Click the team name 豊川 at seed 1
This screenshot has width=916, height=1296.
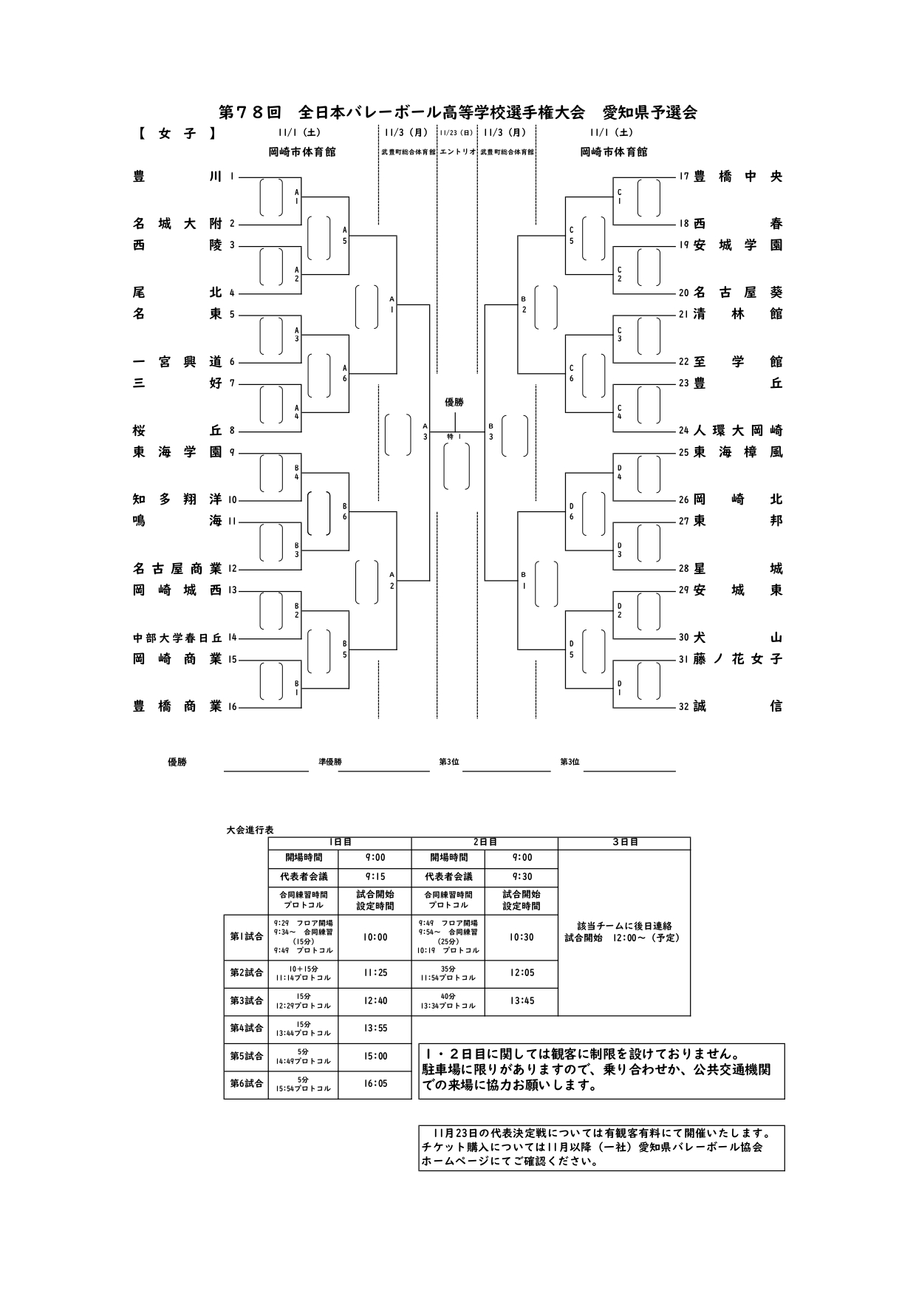(x=177, y=177)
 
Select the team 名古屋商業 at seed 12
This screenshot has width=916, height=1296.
(x=177, y=568)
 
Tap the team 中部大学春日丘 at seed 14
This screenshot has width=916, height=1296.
(x=177, y=638)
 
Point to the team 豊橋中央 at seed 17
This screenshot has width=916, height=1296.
(x=737, y=177)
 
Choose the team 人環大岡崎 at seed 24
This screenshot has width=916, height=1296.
(x=737, y=430)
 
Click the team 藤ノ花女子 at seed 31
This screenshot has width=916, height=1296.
(x=737, y=659)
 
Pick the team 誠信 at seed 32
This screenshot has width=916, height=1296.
(x=737, y=706)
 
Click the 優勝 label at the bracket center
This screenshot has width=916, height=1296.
(x=454, y=402)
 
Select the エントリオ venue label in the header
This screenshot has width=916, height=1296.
(x=457, y=152)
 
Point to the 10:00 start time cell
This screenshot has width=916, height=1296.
(x=375, y=937)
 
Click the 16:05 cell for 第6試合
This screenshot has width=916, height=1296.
(x=375, y=1084)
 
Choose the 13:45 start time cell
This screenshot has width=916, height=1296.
(x=521, y=1001)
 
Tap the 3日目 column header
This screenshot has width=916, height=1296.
(x=624, y=842)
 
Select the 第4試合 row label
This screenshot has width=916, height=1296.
(x=246, y=1028)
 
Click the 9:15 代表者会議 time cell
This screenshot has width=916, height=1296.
(x=375, y=877)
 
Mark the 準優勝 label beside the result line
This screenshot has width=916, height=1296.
(x=330, y=762)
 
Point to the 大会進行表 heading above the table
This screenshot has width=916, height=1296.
(x=250, y=831)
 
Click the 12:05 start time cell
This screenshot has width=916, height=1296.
(x=521, y=973)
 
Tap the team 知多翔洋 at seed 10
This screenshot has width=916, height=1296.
(x=177, y=499)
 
